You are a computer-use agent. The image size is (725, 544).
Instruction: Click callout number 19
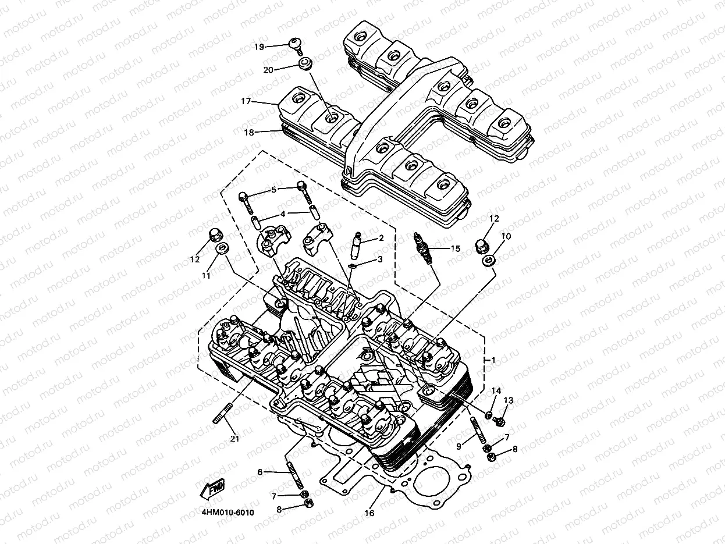coord(260,46)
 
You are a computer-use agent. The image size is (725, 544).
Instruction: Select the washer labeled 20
coord(303,64)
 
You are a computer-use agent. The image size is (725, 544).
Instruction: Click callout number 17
coord(246,101)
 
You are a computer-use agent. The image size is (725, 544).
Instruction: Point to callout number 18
coord(248,132)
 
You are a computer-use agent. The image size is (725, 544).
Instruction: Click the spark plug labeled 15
coord(423,247)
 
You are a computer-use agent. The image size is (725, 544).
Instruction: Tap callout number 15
coord(455,248)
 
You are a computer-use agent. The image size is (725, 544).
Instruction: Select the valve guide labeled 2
coord(358,246)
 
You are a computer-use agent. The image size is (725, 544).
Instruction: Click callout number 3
coord(380,259)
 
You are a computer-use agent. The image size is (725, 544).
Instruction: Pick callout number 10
coord(506,236)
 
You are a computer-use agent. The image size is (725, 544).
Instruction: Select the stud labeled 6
coord(294,474)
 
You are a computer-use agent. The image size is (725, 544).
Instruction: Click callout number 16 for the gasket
coord(369,513)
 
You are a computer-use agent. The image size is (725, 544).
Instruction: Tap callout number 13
coord(509,400)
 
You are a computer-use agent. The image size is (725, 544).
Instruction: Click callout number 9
coord(459,446)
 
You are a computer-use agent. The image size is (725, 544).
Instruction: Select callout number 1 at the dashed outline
coord(493,360)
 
